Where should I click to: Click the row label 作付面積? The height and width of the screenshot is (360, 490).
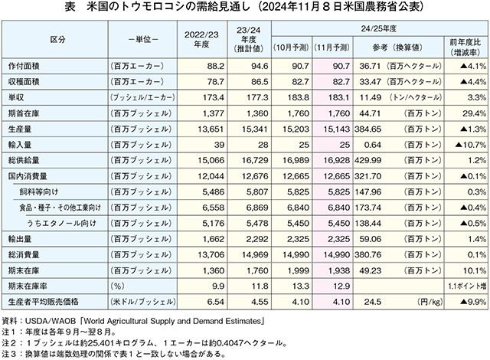(x=24, y=66)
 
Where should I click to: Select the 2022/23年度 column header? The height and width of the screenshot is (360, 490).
(x=201, y=39)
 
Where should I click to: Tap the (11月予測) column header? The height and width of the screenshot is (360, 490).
(x=332, y=47)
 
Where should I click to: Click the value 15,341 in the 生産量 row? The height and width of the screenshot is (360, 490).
(x=255, y=129)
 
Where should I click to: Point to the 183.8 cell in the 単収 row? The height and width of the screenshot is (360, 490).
(x=298, y=97)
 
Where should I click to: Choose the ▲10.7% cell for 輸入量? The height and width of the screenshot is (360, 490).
(x=471, y=145)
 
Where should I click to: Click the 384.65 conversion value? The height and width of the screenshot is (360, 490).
(x=367, y=129)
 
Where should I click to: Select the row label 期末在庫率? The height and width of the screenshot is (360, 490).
(x=28, y=286)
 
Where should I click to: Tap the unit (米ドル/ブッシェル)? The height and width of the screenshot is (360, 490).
(x=143, y=302)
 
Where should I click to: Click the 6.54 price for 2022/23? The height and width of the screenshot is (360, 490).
(x=216, y=302)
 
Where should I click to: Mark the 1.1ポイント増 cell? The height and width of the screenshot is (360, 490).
(x=467, y=286)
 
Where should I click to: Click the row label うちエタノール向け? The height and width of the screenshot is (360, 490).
(x=61, y=224)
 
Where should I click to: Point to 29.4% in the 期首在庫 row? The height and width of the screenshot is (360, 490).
(x=475, y=113)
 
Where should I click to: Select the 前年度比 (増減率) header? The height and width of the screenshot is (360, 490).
(x=465, y=47)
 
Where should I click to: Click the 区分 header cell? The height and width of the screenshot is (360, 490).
(x=58, y=40)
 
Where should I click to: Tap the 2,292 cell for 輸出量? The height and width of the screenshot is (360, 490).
(x=257, y=239)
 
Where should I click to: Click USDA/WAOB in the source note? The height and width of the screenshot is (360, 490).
(x=51, y=321)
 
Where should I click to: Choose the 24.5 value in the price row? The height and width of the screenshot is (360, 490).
(x=373, y=302)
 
